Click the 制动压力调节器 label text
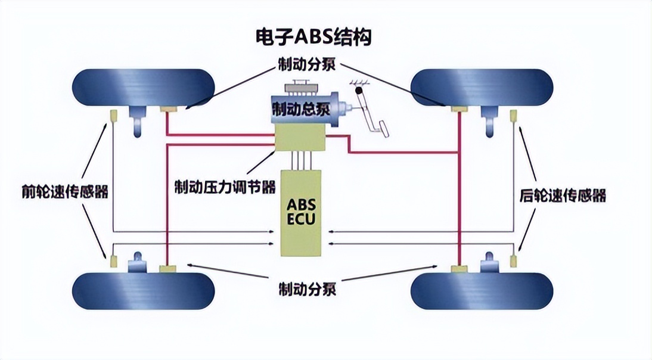pyautogui.click(x=225, y=187)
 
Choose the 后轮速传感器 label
pyautogui.click(x=563, y=195)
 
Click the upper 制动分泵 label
pyautogui.click(x=306, y=64)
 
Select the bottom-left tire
pyautogui.click(x=143, y=291)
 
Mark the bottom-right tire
pyautogui.click(x=482, y=291)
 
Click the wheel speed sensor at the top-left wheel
pyautogui.click(x=112, y=113)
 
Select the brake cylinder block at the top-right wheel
pyautogui.click(x=459, y=108)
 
